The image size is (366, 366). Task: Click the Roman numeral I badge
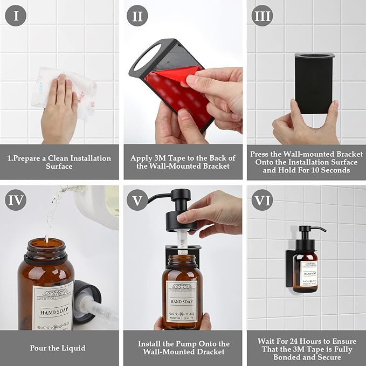pos(16,16)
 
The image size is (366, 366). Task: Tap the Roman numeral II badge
pos(137,16)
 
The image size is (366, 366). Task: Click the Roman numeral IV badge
pos(16,201)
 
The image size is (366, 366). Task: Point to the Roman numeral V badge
pos(137,201)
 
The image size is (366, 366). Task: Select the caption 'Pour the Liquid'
pos(59,348)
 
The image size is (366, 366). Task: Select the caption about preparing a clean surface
pos(59,162)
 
